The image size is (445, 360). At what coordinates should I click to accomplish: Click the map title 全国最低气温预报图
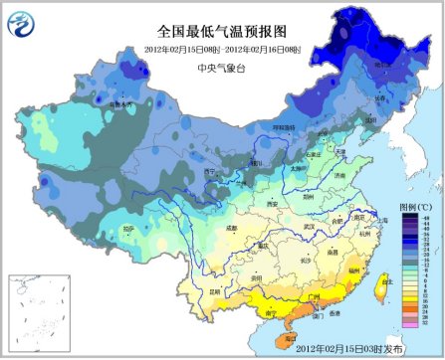pyautogui.click(x=222, y=31)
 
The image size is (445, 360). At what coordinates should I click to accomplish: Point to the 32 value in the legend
pyautogui.click(x=425, y=324)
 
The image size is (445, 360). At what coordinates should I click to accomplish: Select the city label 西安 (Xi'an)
pyautogui.click(x=245, y=202)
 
